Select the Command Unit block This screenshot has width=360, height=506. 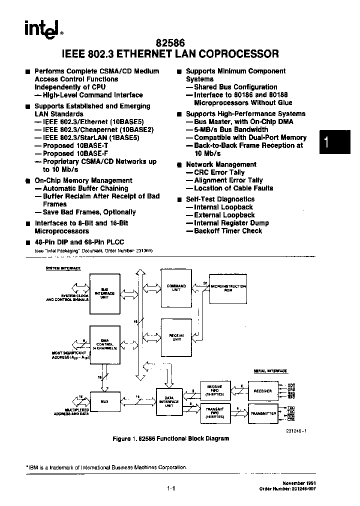(176, 288)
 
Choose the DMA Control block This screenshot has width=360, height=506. (104, 344)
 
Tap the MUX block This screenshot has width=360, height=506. (104, 400)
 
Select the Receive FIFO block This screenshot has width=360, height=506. (214, 390)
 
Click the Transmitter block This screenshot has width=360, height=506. (263, 413)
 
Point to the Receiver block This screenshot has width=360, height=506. (263, 390)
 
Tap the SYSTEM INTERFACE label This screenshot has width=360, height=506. (63, 268)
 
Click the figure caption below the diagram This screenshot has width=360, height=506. (171, 438)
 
